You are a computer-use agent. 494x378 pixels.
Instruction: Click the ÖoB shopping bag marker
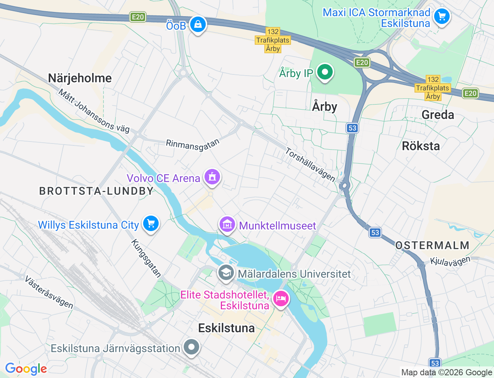coord(198,25)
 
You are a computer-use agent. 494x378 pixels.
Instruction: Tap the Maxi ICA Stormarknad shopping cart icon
coord(442,17)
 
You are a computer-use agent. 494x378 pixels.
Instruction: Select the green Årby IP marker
coord(325,72)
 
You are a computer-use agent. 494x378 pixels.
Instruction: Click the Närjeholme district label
coord(80,78)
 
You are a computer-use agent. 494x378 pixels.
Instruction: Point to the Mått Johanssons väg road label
coord(94,111)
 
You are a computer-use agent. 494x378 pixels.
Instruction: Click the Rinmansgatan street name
coord(193,145)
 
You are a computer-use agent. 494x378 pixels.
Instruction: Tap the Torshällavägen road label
coord(310,165)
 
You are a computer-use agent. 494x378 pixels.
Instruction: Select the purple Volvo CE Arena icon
coord(212,177)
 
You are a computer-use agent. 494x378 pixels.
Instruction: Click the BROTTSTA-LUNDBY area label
coord(96,191)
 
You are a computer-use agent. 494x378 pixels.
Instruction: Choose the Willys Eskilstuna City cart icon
coord(151,224)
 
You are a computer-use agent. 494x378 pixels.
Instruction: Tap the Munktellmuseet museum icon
coord(227,224)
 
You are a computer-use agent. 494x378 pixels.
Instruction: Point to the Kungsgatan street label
coord(146,258)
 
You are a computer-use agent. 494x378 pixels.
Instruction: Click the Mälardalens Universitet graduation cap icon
coord(226,273)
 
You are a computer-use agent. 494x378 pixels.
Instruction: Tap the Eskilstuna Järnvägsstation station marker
coord(191,347)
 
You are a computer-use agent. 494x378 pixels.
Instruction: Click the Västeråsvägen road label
coord(49,292)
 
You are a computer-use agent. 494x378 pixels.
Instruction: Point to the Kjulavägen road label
coord(450,262)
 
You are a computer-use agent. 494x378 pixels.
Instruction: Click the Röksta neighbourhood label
coord(421,146)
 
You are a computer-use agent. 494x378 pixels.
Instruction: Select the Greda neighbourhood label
coord(438,115)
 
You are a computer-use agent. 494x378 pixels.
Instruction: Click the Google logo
coord(26,369)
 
